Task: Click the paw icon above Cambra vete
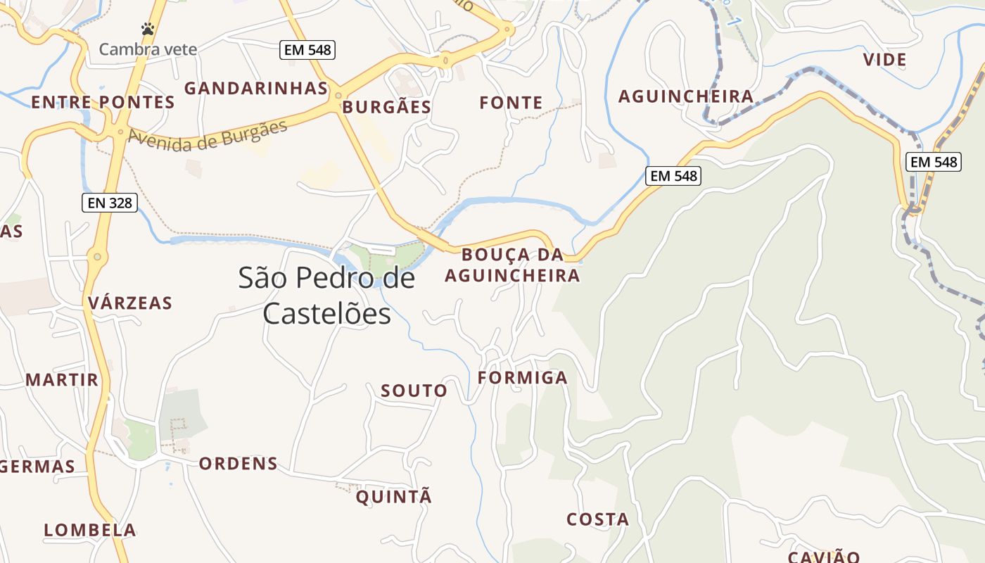tap(148, 29)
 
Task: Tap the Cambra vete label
tap(148, 49)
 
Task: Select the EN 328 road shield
tap(109, 203)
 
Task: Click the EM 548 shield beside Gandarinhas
tap(307, 49)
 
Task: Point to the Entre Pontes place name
tap(103, 102)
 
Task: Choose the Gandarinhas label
tap(256, 88)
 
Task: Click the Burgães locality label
tap(386, 107)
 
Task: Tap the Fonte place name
tap(511, 103)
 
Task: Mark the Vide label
tap(884, 60)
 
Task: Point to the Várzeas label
tap(130, 303)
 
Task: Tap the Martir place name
tap(62, 380)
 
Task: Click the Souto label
tap(414, 391)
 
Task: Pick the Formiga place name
tap(522, 378)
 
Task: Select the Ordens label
tap(238, 464)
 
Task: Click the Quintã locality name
tap(393, 497)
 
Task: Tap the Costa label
tap(597, 519)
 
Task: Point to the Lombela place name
tap(90, 530)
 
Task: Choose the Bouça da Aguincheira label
tap(512, 265)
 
